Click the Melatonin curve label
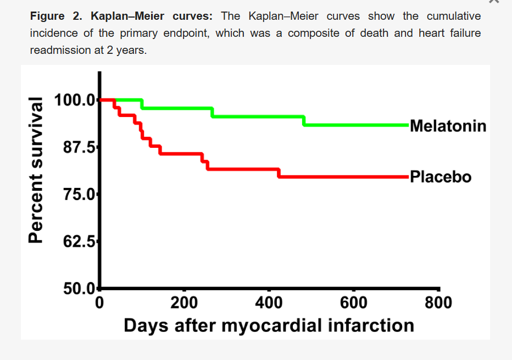pyautogui.click(x=448, y=126)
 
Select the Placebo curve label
pyautogui.click(x=441, y=176)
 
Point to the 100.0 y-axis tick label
pyautogui.click(x=75, y=100)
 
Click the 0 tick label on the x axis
pyautogui.click(x=99, y=303)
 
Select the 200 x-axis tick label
pyautogui.click(x=184, y=303)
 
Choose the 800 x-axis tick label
pyautogui.click(x=438, y=303)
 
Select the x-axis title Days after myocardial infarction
pyautogui.click(x=269, y=325)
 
